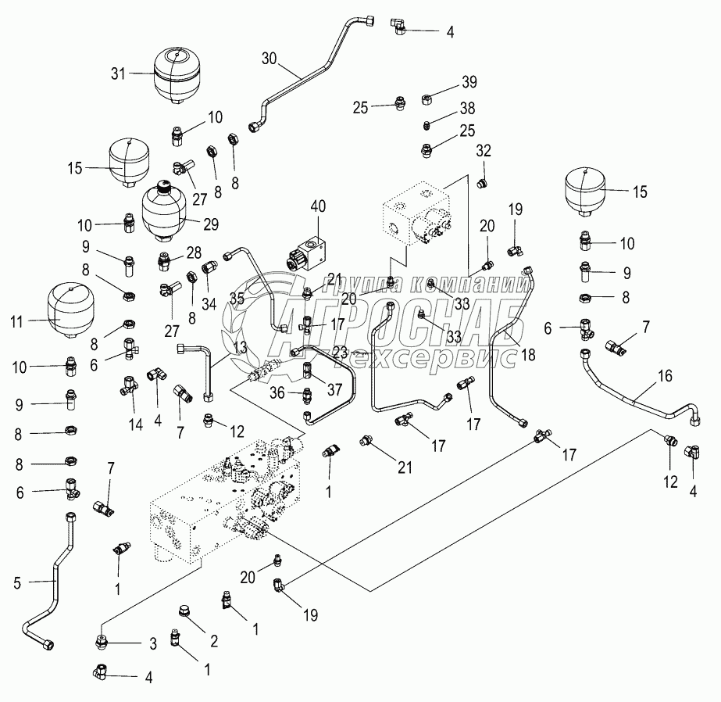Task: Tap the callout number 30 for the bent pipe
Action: click(x=269, y=58)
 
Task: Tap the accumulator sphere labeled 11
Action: click(x=70, y=310)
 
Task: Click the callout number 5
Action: click(x=16, y=582)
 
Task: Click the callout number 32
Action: click(x=484, y=149)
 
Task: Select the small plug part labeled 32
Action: click(x=482, y=183)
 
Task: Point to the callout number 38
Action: click(x=468, y=107)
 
